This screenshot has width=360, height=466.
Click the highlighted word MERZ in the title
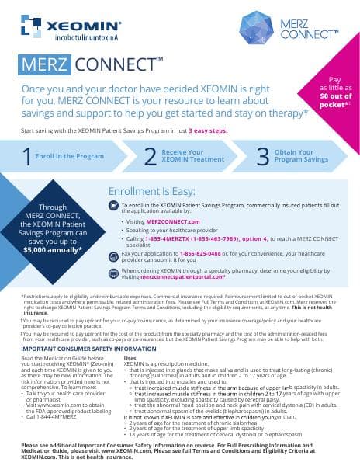point(47,63)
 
